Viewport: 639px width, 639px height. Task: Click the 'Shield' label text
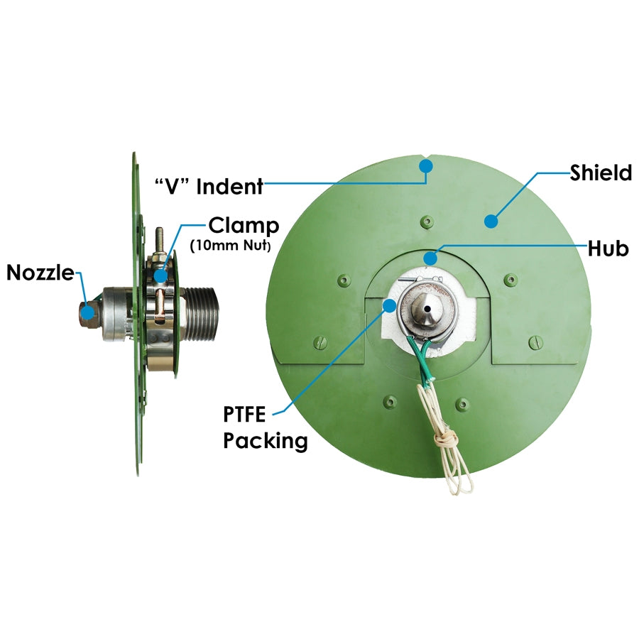click(601, 173)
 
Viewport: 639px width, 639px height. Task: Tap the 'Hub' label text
click(608, 248)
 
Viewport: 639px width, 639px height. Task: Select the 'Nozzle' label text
click(40, 272)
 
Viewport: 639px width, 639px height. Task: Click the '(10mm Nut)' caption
click(230, 246)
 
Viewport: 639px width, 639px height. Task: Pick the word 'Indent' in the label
click(230, 187)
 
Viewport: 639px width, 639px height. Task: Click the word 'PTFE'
click(244, 415)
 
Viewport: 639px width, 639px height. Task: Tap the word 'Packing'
click(266, 442)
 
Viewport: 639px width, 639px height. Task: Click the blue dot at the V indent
click(426, 166)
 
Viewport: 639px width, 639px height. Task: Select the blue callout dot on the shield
click(491, 221)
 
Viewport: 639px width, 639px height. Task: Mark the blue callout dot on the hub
click(430, 258)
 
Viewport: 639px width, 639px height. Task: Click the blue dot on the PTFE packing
click(390, 305)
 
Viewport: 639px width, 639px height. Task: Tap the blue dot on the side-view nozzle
click(87, 312)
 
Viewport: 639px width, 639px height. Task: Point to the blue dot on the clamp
click(160, 275)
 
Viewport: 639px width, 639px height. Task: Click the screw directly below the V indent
click(427, 222)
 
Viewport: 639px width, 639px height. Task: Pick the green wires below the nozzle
click(421, 359)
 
